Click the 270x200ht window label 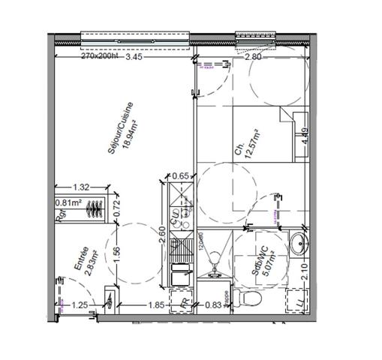click(x=100, y=56)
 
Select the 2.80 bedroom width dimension click(x=253, y=56)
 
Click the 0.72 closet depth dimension click(x=116, y=208)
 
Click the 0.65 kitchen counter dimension click(x=180, y=176)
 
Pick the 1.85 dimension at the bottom click(x=156, y=305)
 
